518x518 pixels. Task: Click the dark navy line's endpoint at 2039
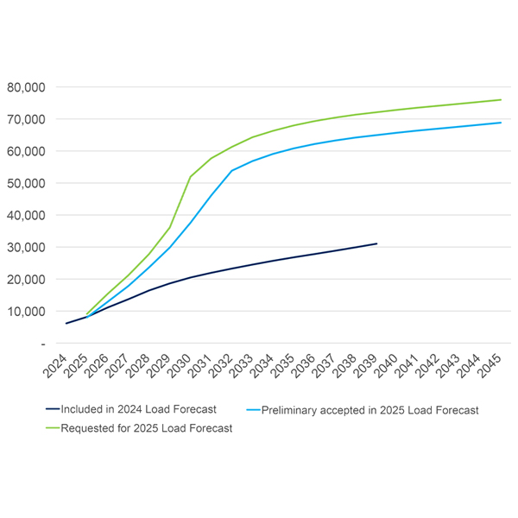[x=376, y=243]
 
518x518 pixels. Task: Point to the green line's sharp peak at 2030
[x=190, y=176]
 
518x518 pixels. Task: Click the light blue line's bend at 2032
[x=231, y=171]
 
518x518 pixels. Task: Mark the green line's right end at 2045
[x=501, y=99]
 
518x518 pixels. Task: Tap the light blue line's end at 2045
[x=501, y=123]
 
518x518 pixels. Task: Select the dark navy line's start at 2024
[x=66, y=323]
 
